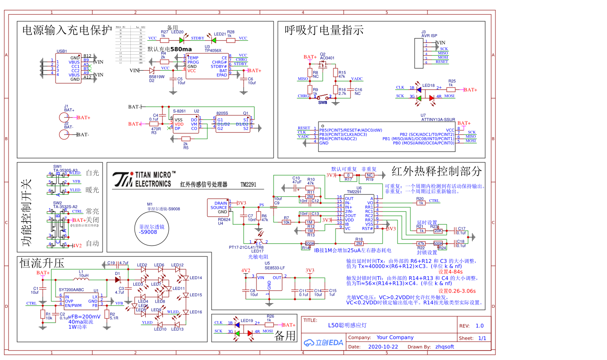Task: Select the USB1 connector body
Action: pyautogui.click(x=68, y=68)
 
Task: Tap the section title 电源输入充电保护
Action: pyautogui.click(x=67, y=30)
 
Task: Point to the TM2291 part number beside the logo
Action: pyautogui.click(x=248, y=185)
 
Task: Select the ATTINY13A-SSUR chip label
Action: pyautogui.click(x=438, y=120)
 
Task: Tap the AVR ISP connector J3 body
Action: pyautogui.click(x=419, y=53)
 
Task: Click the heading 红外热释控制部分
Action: pyautogui.click(x=436, y=171)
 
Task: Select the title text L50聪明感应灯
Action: pyautogui.click(x=347, y=325)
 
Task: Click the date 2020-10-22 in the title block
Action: pyautogui.click(x=383, y=347)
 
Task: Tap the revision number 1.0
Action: pyautogui.click(x=480, y=326)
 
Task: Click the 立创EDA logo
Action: pyautogui.click(x=324, y=342)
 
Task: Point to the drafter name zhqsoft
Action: pyautogui.click(x=445, y=347)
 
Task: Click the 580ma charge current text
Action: pyautogui.click(x=181, y=49)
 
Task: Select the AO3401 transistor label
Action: pyautogui.click(x=327, y=58)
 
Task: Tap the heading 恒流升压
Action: pyautogui.click(x=42, y=263)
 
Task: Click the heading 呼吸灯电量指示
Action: pyautogui.click(x=324, y=30)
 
